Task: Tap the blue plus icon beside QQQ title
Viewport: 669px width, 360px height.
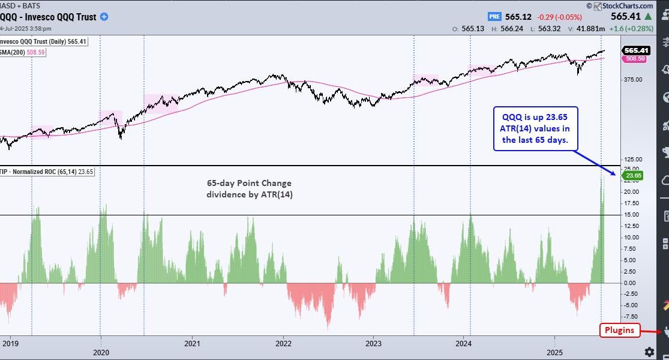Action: [104, 17]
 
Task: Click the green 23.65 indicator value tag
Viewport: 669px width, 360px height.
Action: [633, 175]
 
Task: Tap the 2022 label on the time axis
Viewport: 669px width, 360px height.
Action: [283, 344]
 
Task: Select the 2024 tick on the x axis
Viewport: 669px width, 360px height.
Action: [463, 344]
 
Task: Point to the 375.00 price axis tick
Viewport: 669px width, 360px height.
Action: [633, 79]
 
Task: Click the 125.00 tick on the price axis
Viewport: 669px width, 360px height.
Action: [633, 159]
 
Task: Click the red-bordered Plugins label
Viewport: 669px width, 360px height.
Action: [620, 330]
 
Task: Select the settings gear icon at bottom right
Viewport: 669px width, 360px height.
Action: [649, 351]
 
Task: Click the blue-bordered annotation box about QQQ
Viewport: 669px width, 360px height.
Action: [532, 128]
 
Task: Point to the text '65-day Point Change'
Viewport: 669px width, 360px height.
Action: [248, 183]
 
